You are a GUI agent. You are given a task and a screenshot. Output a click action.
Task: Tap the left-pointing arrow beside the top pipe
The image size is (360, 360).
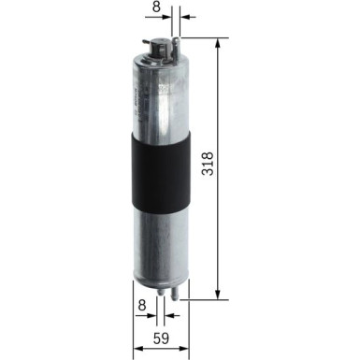pos(182,18)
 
